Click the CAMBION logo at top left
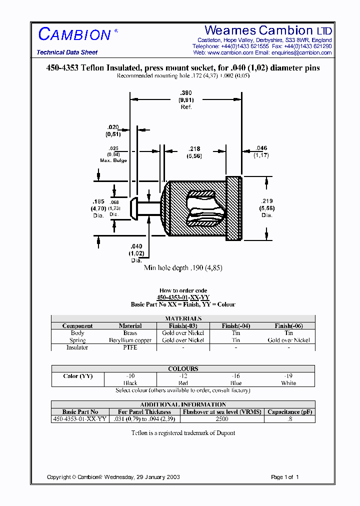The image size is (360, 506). (74, 34)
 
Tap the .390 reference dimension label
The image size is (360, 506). (186, 100)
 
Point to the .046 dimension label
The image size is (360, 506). (261, 151)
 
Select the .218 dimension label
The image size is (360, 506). (194, 152)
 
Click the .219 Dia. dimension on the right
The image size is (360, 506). (266, 207)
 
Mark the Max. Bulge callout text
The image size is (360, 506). (113, 154)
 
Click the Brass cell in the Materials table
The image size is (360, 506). (130, 333)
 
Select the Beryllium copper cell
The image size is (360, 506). (130, 340)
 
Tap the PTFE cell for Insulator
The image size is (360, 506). (130, 347)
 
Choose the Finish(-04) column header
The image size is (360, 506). (236, 326)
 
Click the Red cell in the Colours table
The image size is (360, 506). (183, 383)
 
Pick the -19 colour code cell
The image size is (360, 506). (288, 376)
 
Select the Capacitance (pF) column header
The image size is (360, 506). (289, 412)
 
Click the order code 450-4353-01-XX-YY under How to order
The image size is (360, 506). (183, 297)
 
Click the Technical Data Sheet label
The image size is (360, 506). (67, 52)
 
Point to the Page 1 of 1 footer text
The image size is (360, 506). (284, 477)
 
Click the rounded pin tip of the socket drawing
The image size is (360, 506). (134, 208)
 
